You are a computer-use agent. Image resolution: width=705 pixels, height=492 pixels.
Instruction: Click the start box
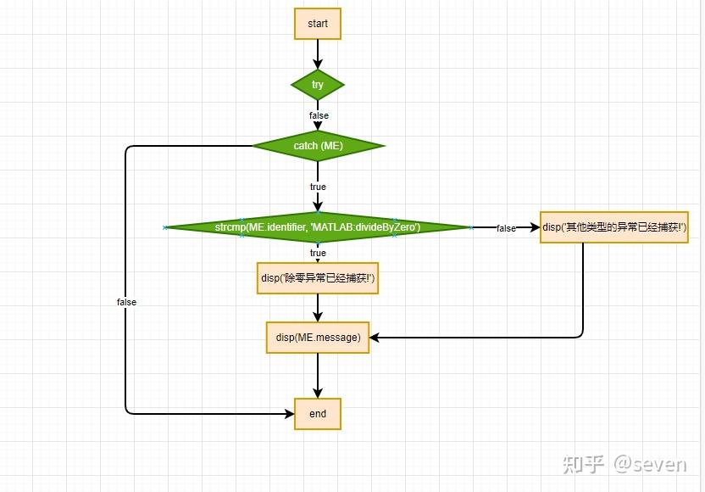tap(318, 24)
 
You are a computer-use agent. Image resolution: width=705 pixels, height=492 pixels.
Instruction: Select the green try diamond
tap(318, 85)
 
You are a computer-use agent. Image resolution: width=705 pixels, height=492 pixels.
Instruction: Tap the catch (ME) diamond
tap(318, 146)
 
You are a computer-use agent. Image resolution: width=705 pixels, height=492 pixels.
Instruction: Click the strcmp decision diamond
tap(318, 227)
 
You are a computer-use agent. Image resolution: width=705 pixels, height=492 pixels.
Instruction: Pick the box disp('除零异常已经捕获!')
tap(318, 278)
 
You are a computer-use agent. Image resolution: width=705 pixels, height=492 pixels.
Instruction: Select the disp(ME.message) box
tap(318, 337)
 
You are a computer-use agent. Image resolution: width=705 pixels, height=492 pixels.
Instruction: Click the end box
tap(318, 414)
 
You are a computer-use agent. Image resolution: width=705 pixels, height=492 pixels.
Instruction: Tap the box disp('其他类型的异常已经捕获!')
tap(614, 227)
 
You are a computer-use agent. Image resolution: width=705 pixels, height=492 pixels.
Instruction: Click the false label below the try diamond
tap(319, 115)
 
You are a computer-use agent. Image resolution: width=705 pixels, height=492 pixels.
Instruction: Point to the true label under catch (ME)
tap(318, 187)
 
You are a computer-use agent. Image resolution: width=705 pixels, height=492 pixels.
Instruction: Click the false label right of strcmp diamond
tap(506, 228)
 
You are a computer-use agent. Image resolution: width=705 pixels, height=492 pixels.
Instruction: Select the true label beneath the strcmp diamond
tap(318, 253)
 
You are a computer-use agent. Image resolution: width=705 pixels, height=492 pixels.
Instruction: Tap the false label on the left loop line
tap(126, 302)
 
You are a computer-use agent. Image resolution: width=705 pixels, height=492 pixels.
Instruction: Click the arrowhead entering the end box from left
tap(290, 414)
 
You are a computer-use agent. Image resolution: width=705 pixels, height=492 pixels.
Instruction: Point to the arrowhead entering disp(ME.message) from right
tap(374, 337)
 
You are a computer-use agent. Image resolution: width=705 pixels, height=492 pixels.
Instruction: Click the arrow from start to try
tap(318, 54)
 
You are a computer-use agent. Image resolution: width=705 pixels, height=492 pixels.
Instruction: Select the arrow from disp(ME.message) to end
tap(318, 376)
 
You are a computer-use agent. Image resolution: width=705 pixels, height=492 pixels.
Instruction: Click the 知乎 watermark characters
tap(583, 464)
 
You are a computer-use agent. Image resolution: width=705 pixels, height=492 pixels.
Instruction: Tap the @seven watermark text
tap(650, 464)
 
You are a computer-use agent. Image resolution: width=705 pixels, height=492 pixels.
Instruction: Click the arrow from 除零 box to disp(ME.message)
tap(318, 308)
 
